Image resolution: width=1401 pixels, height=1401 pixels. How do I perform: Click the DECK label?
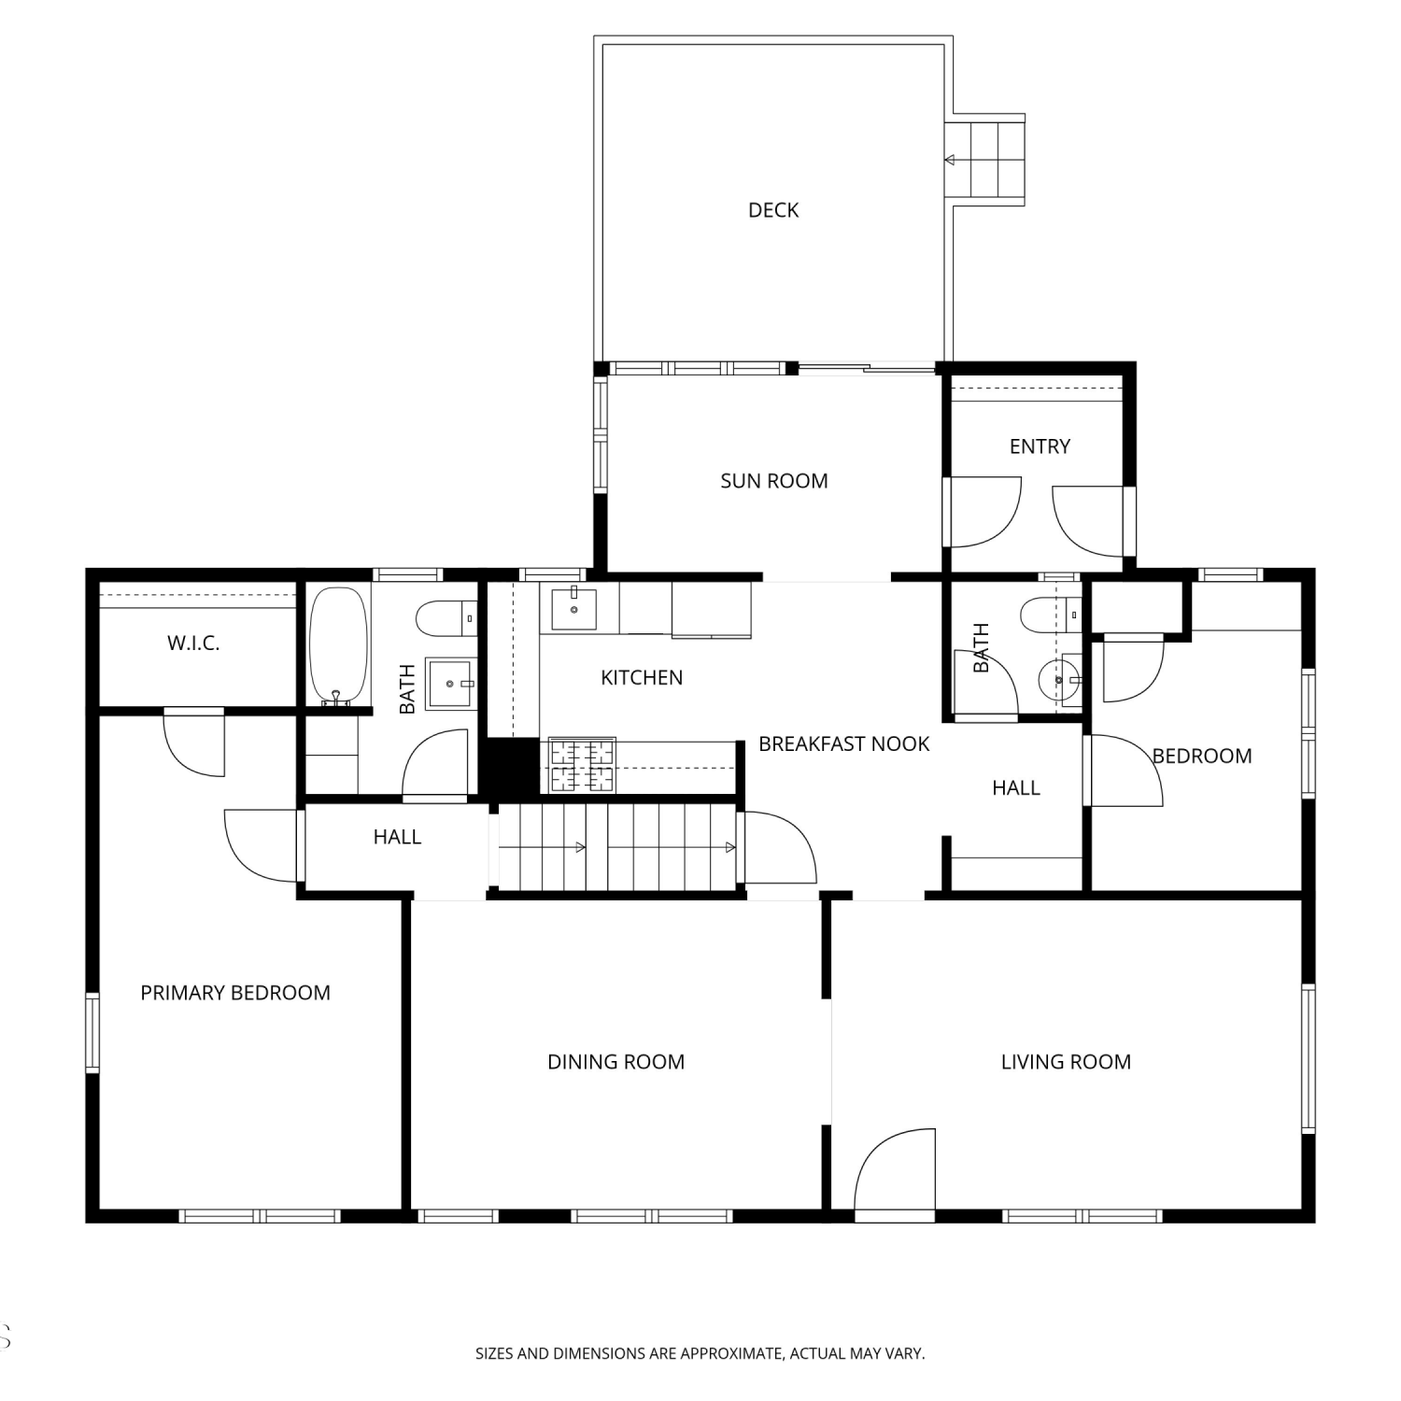click(773, 210)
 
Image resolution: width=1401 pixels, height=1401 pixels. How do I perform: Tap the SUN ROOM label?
click(774, 481)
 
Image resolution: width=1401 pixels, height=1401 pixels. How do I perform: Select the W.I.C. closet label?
click(193, 643)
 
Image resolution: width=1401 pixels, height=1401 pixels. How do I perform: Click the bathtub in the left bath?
click(338, 645)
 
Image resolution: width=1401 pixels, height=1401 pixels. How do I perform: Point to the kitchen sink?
click(573, 608)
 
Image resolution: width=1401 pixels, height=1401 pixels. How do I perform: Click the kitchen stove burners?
click(582, 765)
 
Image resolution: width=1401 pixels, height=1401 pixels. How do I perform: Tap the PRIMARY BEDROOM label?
click(235, 993)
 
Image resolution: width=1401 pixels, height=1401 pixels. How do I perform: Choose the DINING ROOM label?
click(616, 1062)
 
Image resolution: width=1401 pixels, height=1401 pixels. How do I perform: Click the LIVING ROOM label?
click(1066, 1062)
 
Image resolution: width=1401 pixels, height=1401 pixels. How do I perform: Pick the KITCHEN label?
click(642, 678)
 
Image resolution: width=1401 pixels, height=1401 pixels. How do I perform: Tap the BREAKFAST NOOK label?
click(844, 744)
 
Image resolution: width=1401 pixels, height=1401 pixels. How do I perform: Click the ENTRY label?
click(1040, 446)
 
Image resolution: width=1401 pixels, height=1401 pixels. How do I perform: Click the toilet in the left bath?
click(446, 617)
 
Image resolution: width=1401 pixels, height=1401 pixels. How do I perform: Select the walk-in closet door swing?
click(194, 743)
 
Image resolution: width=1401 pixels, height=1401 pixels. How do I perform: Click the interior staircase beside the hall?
click(616, 847)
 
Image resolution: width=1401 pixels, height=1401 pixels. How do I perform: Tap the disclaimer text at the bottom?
click(700, 1352)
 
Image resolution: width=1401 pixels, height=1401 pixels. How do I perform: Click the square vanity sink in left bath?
click(452, 684)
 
